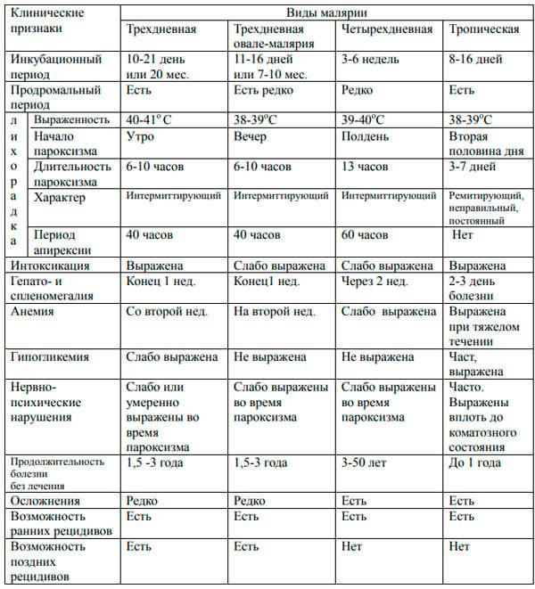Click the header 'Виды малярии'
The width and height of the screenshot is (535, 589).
(x=325, y=12)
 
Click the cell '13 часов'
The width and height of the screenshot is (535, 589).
(x=366, y=167)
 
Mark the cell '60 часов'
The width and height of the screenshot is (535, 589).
(x=366, y=235)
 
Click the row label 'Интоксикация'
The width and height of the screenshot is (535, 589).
(x=48, y=266)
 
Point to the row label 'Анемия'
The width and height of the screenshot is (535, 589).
(x=35, y=312)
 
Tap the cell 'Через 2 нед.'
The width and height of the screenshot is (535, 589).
(x=375, y=282)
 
